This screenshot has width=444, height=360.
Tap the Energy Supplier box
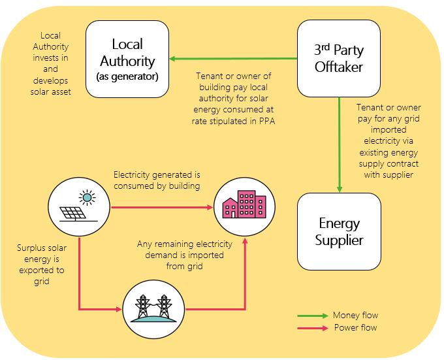(339, 232)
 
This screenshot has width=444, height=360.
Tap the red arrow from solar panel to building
(163, 208)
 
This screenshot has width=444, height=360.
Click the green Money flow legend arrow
(313, 316)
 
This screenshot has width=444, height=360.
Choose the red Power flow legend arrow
(313, 328)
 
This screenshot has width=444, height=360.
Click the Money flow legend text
(355, 316)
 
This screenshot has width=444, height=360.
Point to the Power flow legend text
(355, 328)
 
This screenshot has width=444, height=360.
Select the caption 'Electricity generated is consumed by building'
(157, 180)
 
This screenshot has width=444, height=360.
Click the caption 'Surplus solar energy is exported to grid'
(40, 265)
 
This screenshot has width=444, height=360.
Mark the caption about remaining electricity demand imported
(180, 255)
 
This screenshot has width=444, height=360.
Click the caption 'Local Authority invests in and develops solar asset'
(50, 64)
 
